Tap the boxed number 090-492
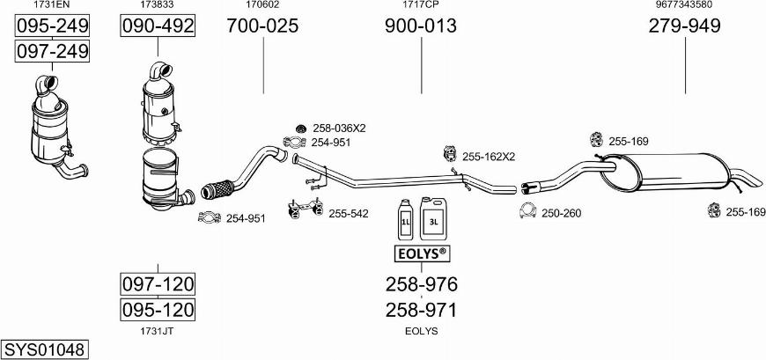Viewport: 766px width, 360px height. [157, 26]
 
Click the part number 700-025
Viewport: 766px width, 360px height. [262, 26]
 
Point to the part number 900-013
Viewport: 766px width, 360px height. [420, 26]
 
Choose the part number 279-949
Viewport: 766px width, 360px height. [684, 26]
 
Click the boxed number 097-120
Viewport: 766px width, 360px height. [157, 284]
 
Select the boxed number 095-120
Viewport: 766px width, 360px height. [157, 310]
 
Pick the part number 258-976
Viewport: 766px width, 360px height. [421, 284]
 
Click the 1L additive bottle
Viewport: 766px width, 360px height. [407, 219]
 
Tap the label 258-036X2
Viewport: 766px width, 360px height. [339, 128]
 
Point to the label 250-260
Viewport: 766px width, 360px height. [561, 213]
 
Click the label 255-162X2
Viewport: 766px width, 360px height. [488, 157]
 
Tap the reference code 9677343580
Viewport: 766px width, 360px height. [684, 4]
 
